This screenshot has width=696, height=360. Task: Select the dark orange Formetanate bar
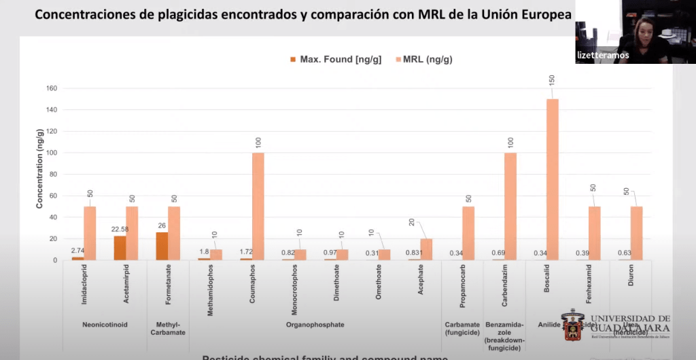click(162, 246)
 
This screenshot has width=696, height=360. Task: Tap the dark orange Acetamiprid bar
click(120, 248)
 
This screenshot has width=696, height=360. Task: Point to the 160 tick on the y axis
click(51, 88)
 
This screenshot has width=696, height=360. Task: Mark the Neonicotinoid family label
click(105, 325)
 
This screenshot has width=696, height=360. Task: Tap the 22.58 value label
click(119, 230)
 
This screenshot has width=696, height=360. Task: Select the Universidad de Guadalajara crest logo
click(573, 327)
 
